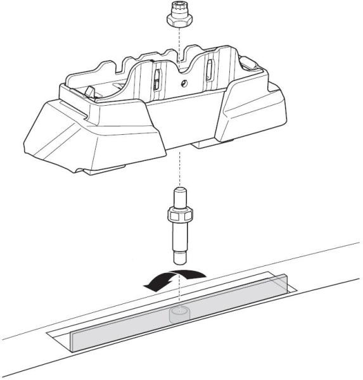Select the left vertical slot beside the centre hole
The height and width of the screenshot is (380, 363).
pos(155,79)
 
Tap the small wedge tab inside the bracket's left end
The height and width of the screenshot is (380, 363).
pos(89,92)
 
